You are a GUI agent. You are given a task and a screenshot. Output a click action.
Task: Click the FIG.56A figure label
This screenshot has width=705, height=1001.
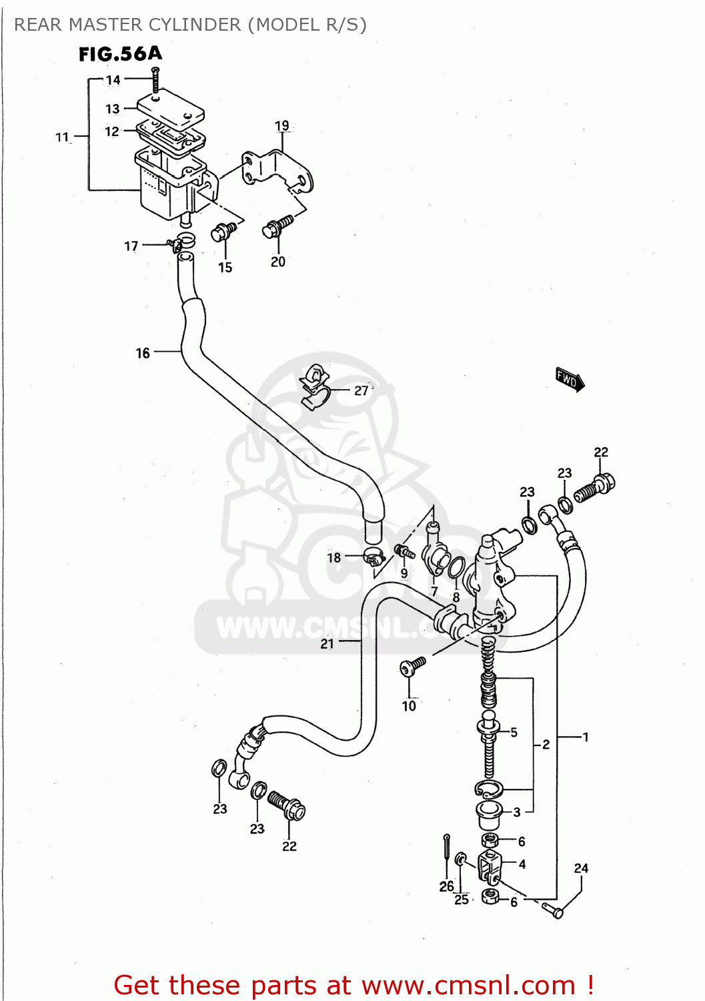(120, 54)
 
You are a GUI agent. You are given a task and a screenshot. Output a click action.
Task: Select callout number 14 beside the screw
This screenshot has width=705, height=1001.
(113, 80)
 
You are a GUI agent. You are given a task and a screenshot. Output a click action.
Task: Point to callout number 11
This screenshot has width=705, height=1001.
(62, 137)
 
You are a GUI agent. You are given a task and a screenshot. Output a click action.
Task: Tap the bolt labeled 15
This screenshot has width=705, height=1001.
(223, 232)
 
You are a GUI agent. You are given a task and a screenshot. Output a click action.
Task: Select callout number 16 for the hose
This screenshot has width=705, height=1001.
(143, 353)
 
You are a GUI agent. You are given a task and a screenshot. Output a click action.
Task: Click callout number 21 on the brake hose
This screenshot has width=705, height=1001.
(327, 643)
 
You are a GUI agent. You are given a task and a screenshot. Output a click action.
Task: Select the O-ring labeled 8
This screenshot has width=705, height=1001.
(457, 568)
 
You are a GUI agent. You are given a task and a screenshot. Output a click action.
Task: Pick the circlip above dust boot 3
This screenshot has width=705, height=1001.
(488, 789)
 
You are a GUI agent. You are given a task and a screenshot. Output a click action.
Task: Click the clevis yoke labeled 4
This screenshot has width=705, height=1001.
(490, 866)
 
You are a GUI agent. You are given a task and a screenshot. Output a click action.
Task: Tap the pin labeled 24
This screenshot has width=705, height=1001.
(552, 909)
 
